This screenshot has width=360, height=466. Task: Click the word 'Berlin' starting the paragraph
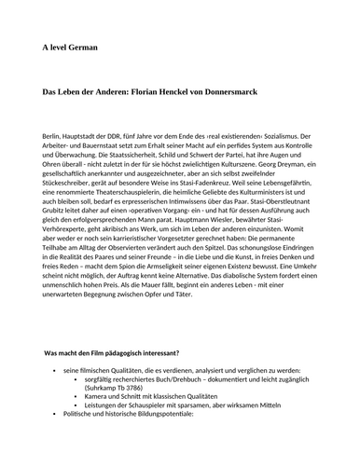tap(55, 136)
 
